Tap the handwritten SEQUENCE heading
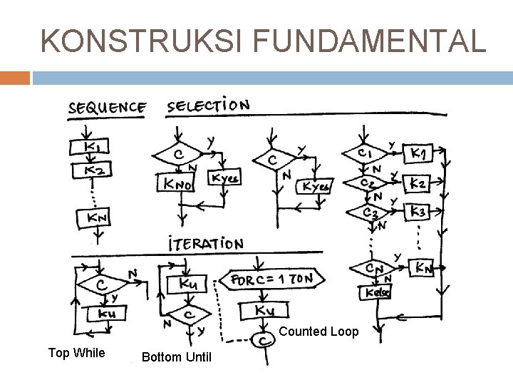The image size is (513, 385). click(x=108, y=109)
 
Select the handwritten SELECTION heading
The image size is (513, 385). click(x=208, y=106)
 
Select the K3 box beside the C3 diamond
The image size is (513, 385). click(x=418, y=212)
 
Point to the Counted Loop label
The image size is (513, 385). click(x=318, y=332)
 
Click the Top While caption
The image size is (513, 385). click(x=76, y=352)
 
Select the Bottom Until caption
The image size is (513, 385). click(x=177, y=356)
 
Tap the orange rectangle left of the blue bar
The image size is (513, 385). click(x=15, y=77)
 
